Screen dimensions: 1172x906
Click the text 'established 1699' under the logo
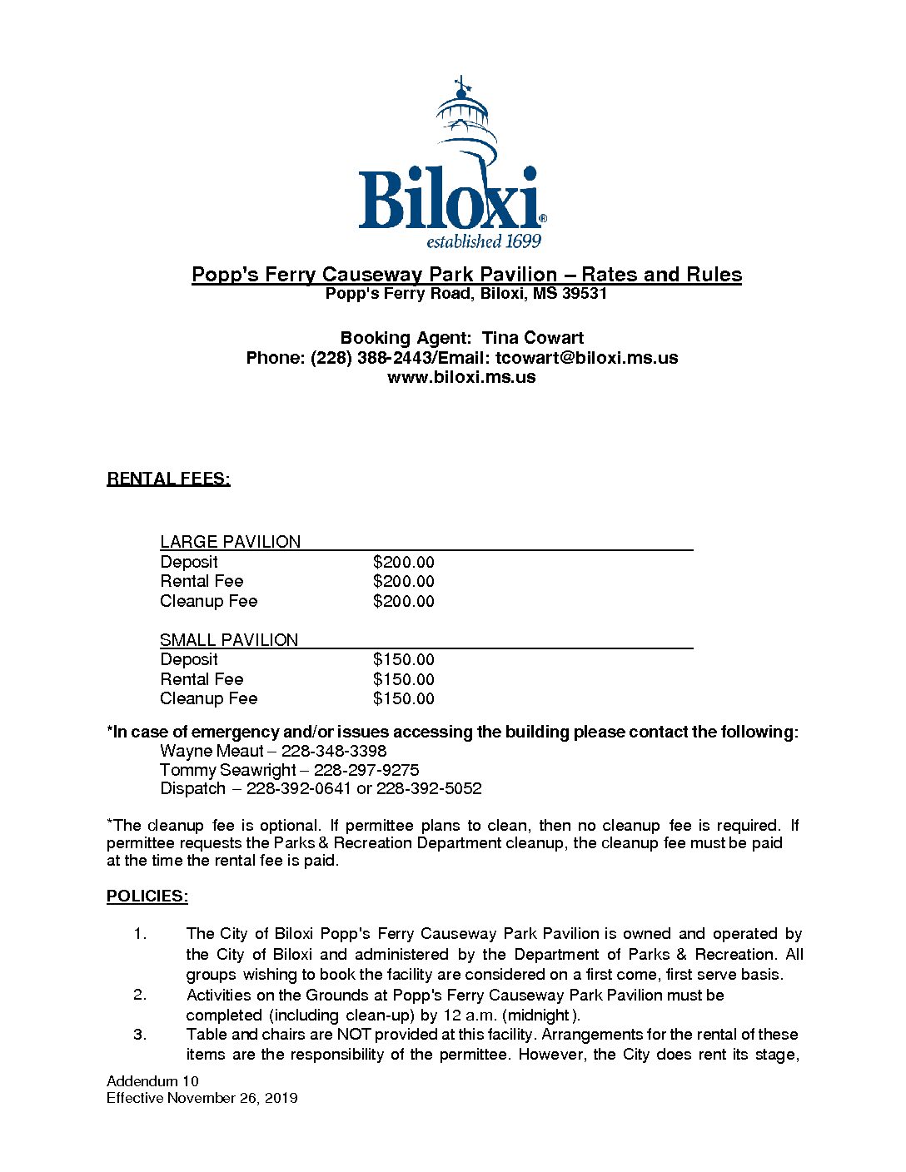(x=484, y=241)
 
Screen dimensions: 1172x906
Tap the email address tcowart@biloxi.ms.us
(x=586, y=358)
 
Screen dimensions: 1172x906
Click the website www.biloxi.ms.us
(x=461, y=377)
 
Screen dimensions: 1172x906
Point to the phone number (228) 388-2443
(x=371, y=358)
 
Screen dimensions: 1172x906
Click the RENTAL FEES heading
(x=168, y=479)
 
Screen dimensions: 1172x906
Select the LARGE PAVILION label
(x=230, y=542)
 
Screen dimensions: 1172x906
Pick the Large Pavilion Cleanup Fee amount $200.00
(x=404, y=601)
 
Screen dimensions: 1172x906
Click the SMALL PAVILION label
(x=229, y=640)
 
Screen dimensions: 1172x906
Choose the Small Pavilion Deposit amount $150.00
(x=404, y=659)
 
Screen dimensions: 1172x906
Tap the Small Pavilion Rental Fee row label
(x=202, y=679)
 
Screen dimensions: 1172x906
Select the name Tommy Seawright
(x=227, y=770)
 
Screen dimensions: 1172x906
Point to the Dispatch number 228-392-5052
(x=429, y=788)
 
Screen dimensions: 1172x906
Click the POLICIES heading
(x=147, y=896)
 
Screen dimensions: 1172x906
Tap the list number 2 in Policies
(x=140, y=995)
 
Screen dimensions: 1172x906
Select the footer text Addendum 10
(x=152, y=1081)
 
